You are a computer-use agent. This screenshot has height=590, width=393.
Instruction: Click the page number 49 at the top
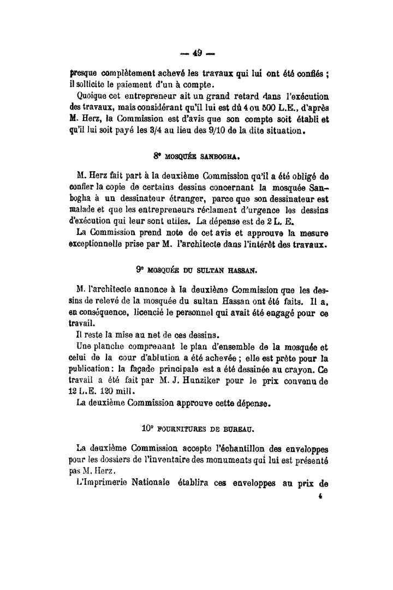tap(197, 53)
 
